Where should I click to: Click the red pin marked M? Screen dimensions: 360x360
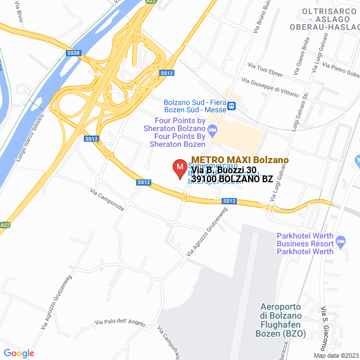[x=179, y=168]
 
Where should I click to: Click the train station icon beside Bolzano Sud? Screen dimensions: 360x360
[x=231, y=105]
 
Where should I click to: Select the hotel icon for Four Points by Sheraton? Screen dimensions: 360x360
[x=213, y=132]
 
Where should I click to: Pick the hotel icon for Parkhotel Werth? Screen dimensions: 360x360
[x=341, y=242]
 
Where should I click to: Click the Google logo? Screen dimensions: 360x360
[x=19, y=353]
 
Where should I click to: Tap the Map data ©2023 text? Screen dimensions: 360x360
[x=335, y=355]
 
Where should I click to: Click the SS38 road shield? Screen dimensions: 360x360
[x=74, y=53]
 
